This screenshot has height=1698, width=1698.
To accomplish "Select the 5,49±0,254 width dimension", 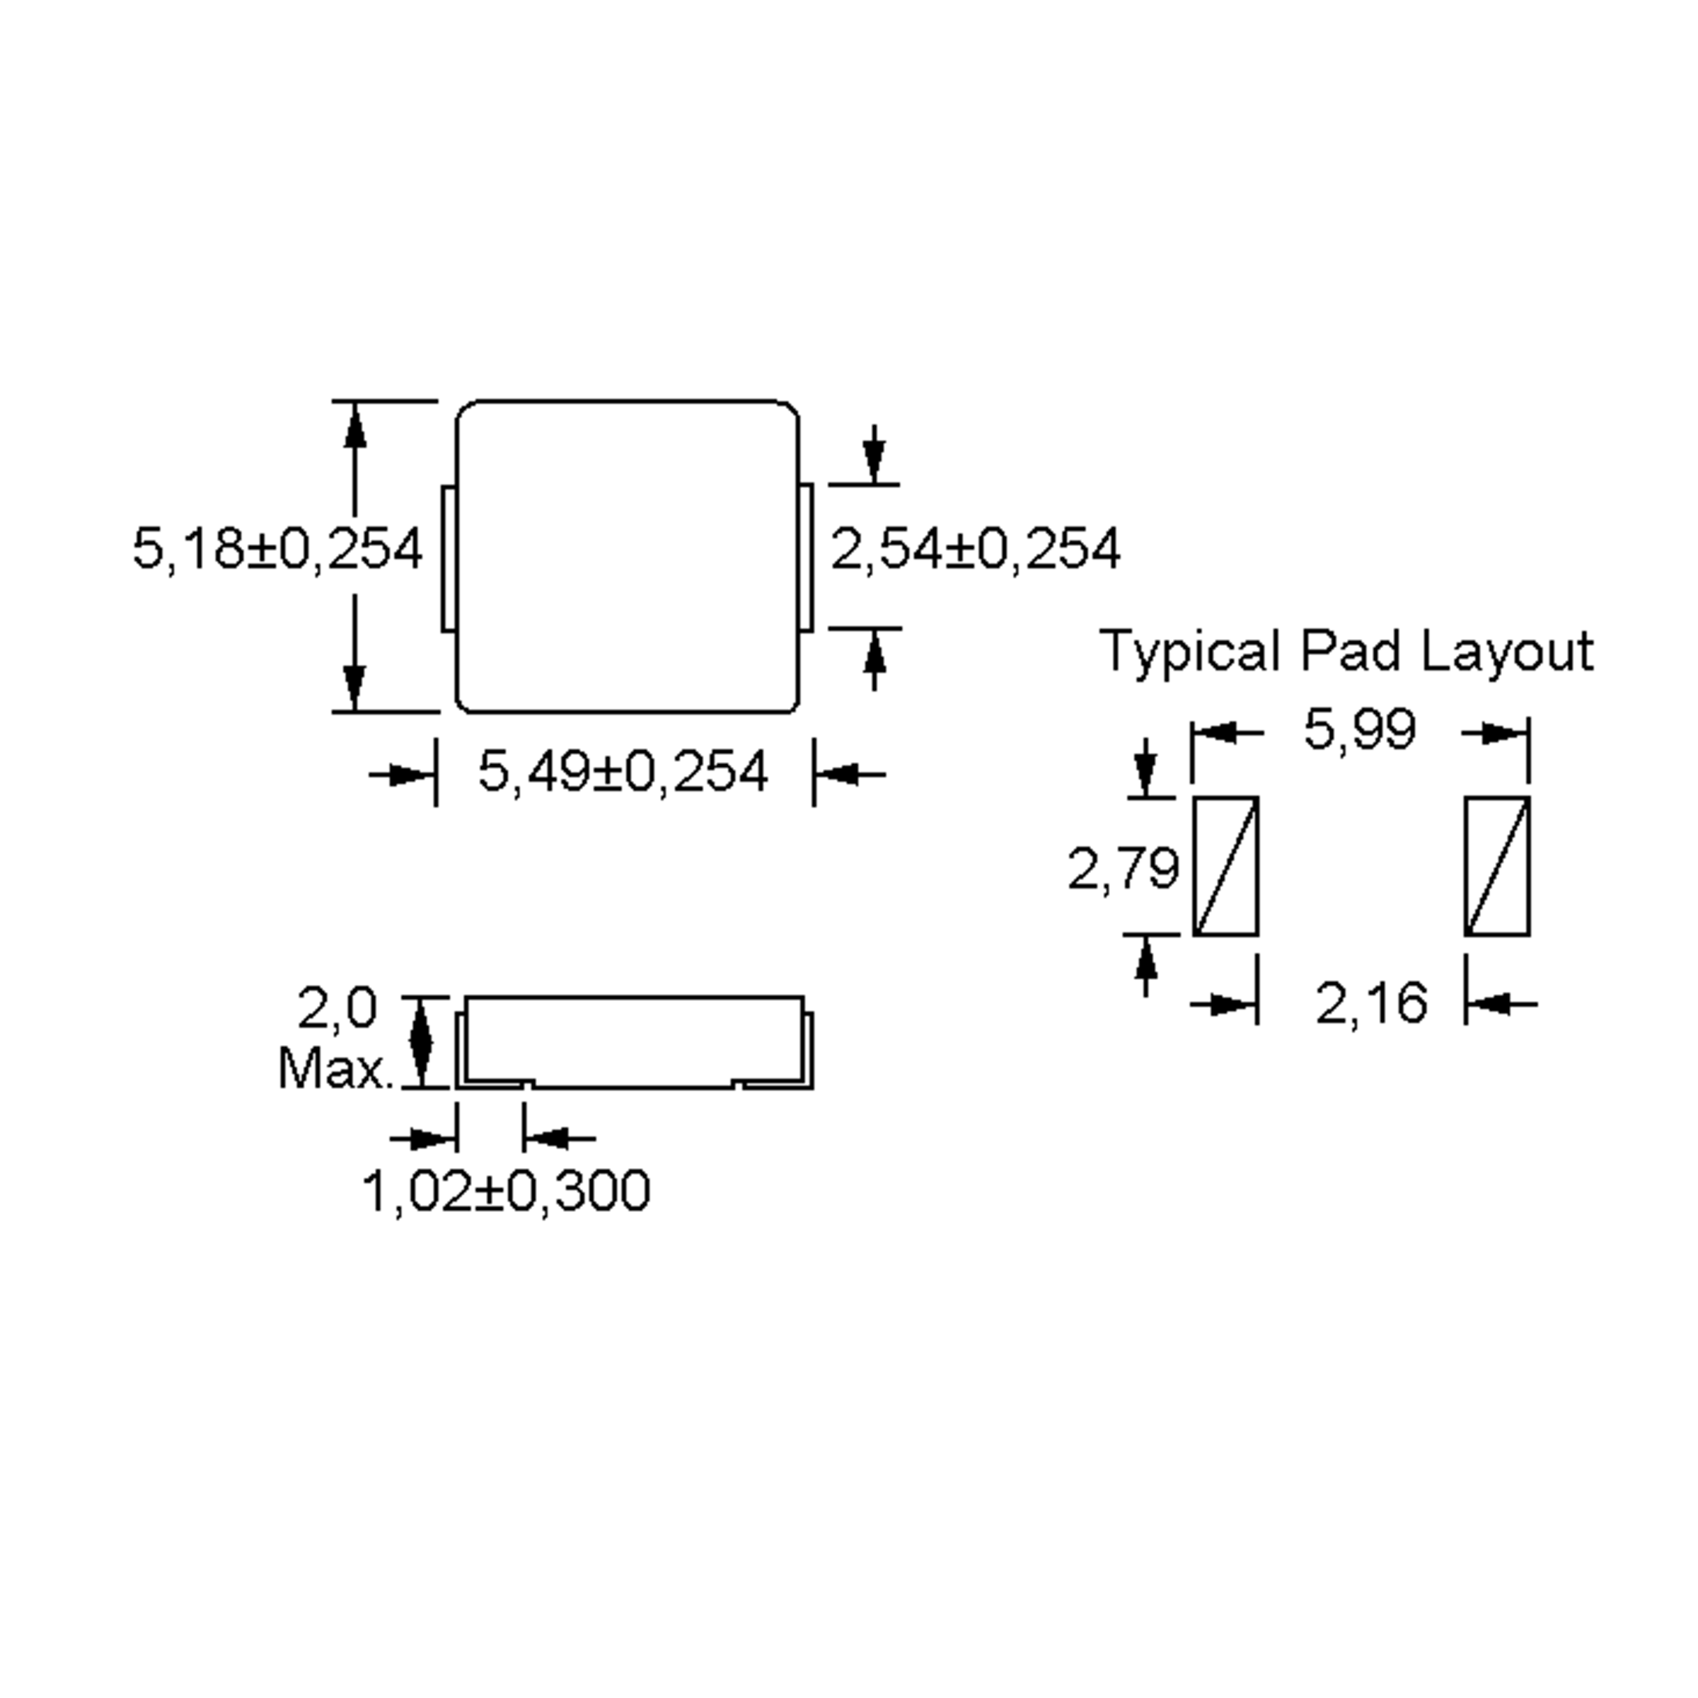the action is [623, 773].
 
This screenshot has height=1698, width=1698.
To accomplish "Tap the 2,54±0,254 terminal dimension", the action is [976, 549].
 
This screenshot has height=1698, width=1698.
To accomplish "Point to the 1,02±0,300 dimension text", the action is [507, 1191].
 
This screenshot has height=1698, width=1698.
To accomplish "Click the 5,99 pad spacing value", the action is [1360, 729].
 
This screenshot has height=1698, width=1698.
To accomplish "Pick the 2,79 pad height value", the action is [1124, 868].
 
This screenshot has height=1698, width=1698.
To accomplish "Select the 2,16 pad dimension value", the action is [1371, 1003].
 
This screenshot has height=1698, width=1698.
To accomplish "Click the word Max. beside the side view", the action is [335, 1070].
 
